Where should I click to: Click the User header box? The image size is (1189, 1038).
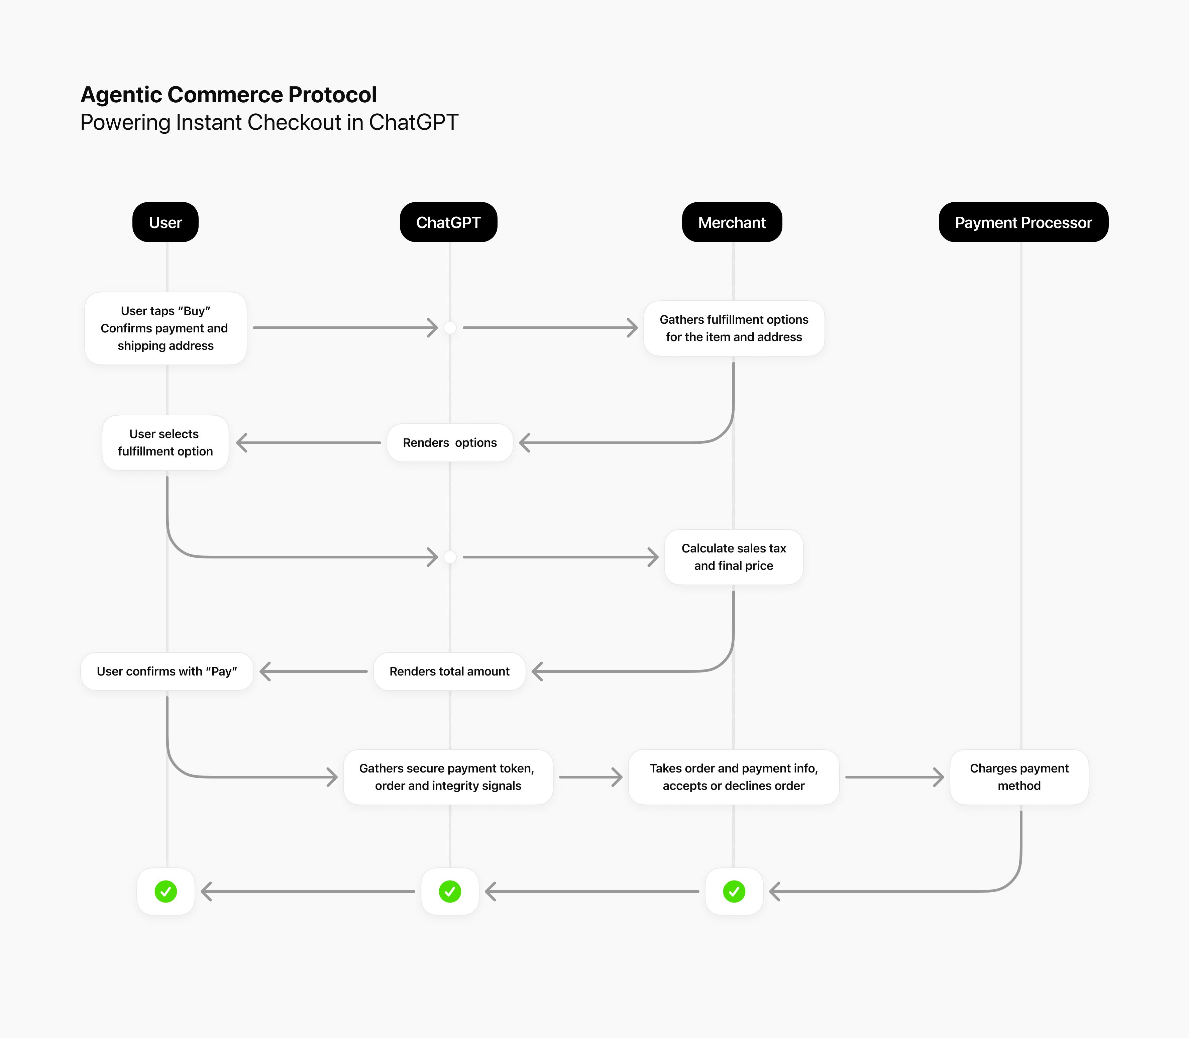point(165,222)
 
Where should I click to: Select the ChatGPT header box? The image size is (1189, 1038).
point(448,222)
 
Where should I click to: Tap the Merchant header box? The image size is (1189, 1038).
point(732,222)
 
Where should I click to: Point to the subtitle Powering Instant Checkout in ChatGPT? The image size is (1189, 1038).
point(269,122)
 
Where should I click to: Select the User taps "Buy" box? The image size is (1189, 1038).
point(166,328)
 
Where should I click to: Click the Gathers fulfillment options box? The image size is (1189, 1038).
point(734,328)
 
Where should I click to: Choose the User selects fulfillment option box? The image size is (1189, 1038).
point(165,442)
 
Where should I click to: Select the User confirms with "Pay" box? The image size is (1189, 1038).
point(167,671)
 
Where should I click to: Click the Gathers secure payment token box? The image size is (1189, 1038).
point(448,777)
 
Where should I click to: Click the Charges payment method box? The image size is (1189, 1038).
point(1019,777)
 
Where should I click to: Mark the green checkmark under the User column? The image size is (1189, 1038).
point(166,892)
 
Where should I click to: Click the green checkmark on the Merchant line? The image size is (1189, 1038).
point(734,892)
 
